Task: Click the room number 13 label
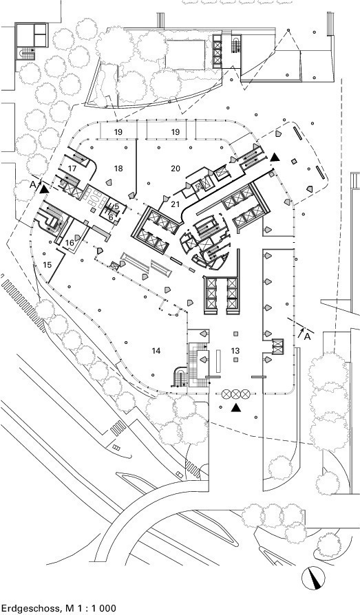[235, 350]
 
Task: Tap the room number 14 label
[156, 350]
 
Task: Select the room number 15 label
[47, 265]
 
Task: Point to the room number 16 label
[70, 243]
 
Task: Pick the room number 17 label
[72, 169]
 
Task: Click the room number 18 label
[118, 169]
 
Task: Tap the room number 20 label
[176, 169]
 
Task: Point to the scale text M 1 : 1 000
[89, 608]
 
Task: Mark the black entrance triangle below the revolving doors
[235, 408]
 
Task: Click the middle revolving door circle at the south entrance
[235, 393]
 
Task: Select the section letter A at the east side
[308, 336]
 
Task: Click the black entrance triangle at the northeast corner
[275, 158]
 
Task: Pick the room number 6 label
[111, 217]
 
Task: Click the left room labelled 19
[118, 132]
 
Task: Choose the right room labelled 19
[176, 132]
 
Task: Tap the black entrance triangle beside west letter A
[44, 189]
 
